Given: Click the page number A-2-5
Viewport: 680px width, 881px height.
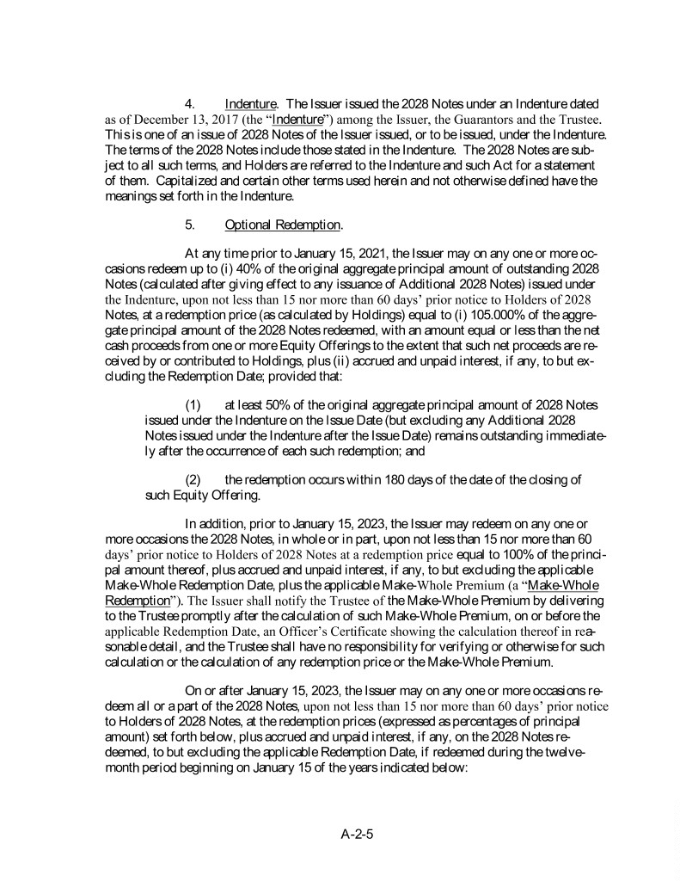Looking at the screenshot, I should point(361,834).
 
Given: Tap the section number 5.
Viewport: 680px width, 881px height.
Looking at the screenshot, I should point(191,225).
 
